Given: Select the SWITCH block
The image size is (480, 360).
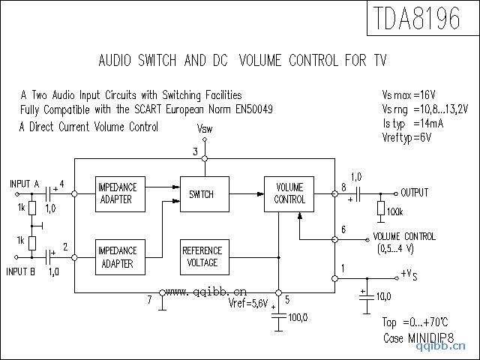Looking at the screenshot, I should (x=201, y=194).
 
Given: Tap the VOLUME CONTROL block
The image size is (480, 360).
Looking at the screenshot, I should (x=289, y=193).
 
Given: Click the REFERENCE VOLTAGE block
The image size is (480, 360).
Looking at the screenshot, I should (x=202, y=256).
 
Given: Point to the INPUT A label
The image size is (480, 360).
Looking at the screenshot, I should (x=25, y=184).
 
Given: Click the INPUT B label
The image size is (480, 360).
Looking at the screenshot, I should (x=22, y=271).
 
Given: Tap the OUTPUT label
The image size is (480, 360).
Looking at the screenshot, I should (x=414, y=193).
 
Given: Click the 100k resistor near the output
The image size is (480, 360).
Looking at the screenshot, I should (x=381, y=209).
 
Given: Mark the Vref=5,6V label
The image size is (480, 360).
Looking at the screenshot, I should (x=248, y=304).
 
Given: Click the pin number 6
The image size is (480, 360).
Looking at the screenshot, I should (x=343, y=229).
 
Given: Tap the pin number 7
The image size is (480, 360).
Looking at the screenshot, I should (x=149, y=300).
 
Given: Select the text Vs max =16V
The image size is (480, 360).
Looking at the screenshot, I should (x=408, y=95).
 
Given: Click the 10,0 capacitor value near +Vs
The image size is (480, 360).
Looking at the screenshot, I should (x=383, y=297).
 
